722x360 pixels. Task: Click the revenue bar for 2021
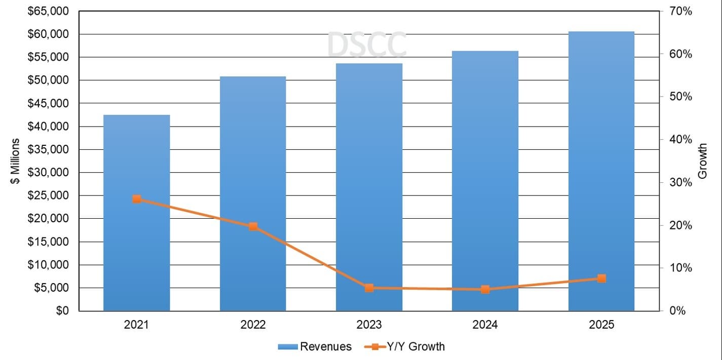tap(136, 213)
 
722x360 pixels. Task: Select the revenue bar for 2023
tap(369, 187)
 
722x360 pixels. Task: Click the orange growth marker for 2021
tap(136, 199)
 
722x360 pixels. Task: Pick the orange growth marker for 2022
tap(253, 226)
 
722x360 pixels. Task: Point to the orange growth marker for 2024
tap(485, 290)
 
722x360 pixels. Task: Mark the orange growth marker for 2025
tap(601, 278)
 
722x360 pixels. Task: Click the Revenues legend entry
tap(314, 346)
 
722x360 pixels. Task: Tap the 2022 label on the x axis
tap(253, 325)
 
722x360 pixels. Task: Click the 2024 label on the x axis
tap(485, 325)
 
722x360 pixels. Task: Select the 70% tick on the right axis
tap(680, 11)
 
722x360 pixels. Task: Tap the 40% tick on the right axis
tap(680, 140)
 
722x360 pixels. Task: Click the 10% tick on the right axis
tap(680, 268)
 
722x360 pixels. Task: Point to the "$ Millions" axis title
tap(16, 161)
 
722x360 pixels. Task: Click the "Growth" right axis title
tap(703, 161)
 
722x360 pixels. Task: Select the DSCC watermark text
tap(366, 45)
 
